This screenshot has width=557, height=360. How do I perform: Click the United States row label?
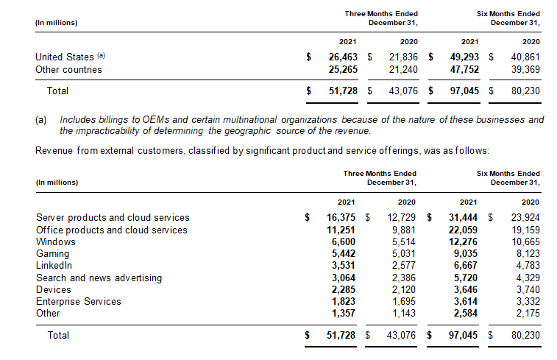coord(65,57)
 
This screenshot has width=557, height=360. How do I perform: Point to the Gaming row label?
coord(52,253)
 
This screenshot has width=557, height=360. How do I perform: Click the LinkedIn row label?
coord(54,265)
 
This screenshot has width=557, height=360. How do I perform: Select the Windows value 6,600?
coord(344,241)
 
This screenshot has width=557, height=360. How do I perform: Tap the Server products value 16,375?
coord(341,217)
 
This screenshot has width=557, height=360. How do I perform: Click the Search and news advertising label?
coord(99,278)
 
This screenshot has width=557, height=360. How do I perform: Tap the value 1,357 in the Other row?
coord(344,313)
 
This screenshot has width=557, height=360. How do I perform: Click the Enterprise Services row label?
coord(78,301)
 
